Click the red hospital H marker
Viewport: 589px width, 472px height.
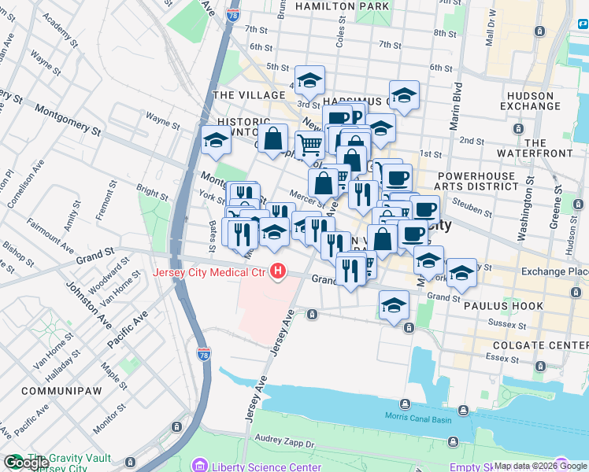click(x=277, y=273)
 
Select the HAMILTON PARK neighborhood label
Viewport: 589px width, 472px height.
click(x=342, y=6)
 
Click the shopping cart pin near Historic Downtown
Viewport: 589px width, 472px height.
click(x=310, y=144)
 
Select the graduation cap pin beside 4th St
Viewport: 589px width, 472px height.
click(x=309, y=79)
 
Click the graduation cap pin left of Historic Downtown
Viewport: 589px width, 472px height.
click(x=216, y=140)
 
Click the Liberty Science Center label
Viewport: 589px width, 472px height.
click(x=255, y=466)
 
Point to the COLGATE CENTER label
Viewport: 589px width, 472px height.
click(x=539, y=345)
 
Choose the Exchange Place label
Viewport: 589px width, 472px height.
click(x=556, y=271)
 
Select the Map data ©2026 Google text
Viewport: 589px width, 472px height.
click(x=541, y=466)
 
